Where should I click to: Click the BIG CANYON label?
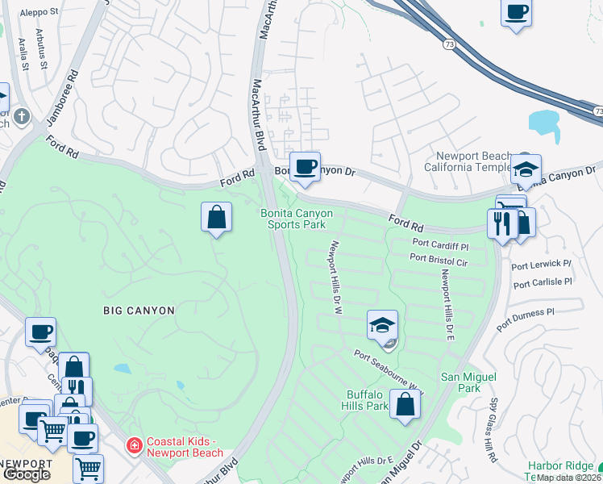139,310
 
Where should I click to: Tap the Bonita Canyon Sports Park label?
296,219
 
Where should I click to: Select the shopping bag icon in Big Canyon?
216,217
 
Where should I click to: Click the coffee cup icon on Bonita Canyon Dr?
305,167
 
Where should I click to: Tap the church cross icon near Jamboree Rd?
21,117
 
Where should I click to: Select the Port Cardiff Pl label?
440,243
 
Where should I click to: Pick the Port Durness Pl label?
526,315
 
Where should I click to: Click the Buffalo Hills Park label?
368,400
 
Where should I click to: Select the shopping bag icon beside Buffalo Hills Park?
405,404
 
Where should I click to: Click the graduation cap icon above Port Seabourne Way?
382,325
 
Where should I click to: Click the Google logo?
27,474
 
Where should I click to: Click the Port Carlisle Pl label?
542,283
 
